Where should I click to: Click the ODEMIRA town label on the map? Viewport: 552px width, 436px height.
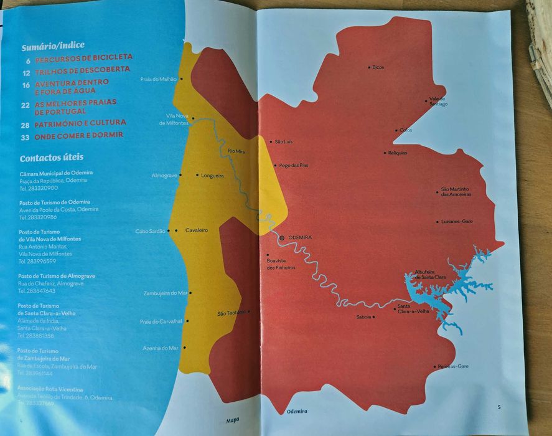[300, 238]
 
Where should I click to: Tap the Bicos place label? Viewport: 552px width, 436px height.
[378, 67]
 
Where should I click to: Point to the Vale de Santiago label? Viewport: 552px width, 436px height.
[438, 102]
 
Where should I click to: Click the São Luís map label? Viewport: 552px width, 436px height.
[283, 142]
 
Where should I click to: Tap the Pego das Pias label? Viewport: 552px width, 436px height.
[294, 166]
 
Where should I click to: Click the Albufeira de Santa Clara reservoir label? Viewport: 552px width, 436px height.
[431, 274]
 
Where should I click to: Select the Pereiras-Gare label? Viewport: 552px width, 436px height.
[453, 366]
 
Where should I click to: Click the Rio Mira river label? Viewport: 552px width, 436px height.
[237, 151]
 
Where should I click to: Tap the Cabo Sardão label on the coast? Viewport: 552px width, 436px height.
[151, 231]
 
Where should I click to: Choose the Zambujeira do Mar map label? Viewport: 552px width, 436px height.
[166, 293]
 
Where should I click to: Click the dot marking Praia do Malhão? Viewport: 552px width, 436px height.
[182, 79]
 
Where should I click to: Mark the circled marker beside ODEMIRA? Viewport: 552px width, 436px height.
[282, 238]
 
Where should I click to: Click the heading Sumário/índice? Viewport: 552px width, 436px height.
[53, 46]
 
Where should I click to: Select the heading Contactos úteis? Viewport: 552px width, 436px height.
[51, 158]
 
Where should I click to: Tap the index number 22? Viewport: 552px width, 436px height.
[26, 106]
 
